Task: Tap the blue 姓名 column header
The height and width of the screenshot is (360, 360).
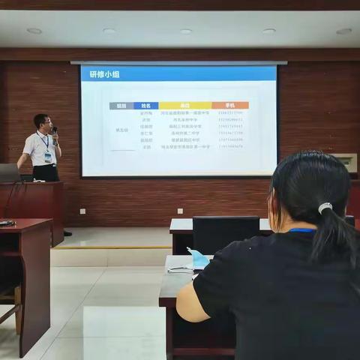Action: point(145,106)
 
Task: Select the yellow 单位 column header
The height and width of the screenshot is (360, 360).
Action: point(184,106)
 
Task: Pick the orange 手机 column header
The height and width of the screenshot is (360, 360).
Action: point(229,106)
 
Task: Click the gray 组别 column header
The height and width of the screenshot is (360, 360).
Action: point(121,106)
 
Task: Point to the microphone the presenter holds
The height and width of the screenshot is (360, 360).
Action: point(55,132)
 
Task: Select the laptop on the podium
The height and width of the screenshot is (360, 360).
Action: point(10,173)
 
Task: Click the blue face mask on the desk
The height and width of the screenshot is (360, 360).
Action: point(199,259)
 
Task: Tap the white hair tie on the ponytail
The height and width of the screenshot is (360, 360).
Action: point(325,208)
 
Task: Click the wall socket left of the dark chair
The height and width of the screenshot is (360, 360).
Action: point(180,211)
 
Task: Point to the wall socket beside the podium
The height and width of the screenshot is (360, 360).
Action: point(82,211)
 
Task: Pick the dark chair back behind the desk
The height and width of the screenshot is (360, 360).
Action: point(225,234)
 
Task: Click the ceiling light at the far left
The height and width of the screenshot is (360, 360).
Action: point(34,31)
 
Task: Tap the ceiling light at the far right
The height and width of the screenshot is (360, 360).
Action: point(343,31)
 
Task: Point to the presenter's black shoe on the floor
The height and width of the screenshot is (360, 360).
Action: point(67,233)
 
